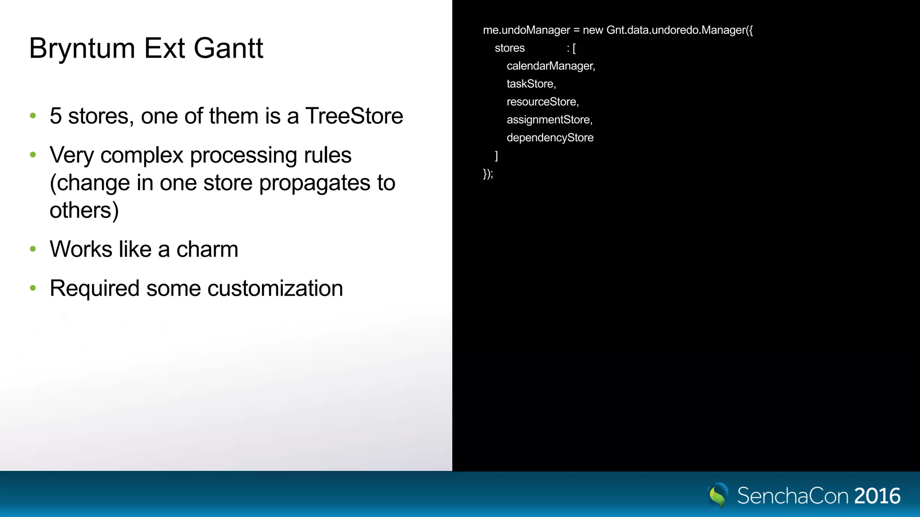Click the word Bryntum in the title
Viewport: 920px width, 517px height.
tap(82, 48)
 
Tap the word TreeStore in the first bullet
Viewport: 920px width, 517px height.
tap(354, 116)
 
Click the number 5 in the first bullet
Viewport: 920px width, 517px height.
tap(56, 116)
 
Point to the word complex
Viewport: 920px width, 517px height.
tap(142, 155)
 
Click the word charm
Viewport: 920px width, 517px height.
tap(207, 250)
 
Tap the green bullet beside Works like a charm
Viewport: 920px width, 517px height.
tap(33, 249)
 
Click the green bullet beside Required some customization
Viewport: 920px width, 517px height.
tap(33, 288)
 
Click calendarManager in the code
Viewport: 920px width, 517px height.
tap(550, 66)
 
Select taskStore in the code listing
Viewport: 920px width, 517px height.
tap(531, 84)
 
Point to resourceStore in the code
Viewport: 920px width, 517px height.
tap(542, 102)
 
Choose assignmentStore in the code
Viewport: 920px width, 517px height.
tap(549, 120)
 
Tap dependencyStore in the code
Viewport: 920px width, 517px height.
tap(550, 138)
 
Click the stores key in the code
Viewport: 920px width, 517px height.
tap(509, 48)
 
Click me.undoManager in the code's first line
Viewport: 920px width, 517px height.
tap(526, 30)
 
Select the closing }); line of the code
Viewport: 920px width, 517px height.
tap(488, 174)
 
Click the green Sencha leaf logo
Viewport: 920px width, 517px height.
tap(717, 495)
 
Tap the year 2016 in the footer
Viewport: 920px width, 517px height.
tap(877, 496)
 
